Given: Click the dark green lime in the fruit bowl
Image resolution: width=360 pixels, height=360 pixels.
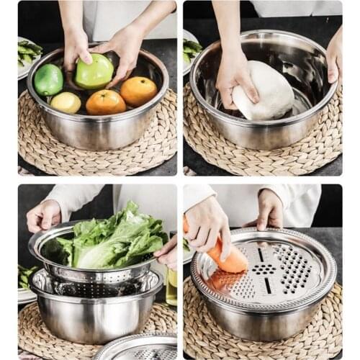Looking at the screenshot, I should pos(48,80).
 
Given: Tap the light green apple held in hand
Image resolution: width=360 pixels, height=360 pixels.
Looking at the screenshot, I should pos(95,71).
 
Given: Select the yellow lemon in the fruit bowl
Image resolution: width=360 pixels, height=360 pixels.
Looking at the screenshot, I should pos(66,102).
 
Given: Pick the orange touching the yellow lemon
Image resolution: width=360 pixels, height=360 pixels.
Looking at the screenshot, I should pos(105,102).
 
